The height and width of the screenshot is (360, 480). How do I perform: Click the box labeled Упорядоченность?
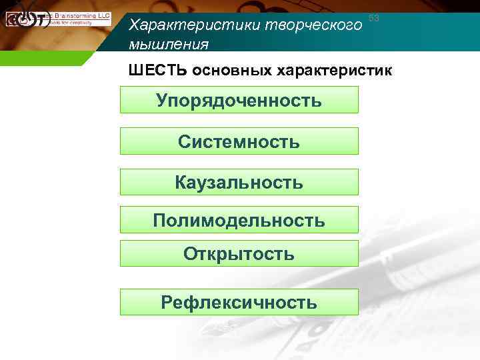pos(239,100)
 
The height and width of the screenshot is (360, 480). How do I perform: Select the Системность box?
pos(239,141)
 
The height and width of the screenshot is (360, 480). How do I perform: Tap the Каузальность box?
pos(239,182)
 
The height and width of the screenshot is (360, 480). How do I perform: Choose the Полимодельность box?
pos(239,220)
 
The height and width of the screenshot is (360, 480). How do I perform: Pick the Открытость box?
pos(239,254)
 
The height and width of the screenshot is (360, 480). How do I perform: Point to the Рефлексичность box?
pos(239,303)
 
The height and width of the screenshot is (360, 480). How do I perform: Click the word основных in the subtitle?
pos(225,70)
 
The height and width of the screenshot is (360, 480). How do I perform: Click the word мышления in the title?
pos(169,45)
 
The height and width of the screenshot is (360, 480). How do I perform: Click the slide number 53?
pos(373,19)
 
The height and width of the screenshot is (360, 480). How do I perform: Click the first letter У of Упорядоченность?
pos(162,101)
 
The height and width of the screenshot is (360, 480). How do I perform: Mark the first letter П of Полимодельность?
pos(159,220)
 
